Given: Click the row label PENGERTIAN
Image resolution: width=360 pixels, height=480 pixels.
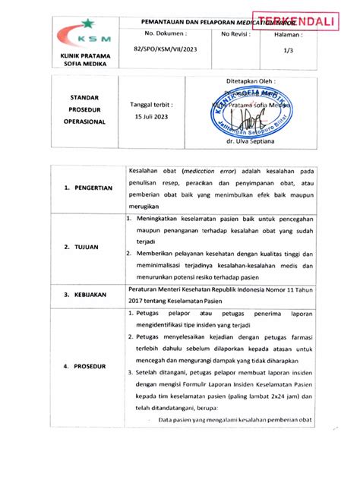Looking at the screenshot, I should pyautogui.click(x=89, y=187).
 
